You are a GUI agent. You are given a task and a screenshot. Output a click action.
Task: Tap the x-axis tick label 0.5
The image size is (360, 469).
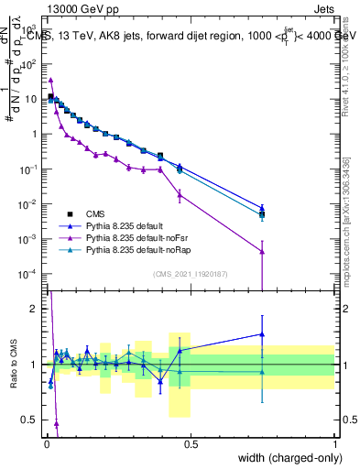pyautogui.click(x=191, y=444)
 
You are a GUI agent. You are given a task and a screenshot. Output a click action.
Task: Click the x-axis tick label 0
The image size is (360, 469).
pyautogui.click(x=46, y=444)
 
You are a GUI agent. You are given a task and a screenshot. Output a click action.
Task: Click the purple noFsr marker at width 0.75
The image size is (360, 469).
pyautogui.click(x=262, y=252)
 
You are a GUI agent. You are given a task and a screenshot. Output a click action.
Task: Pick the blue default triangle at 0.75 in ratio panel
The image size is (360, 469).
pyautogui.click(x=262, y=334)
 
